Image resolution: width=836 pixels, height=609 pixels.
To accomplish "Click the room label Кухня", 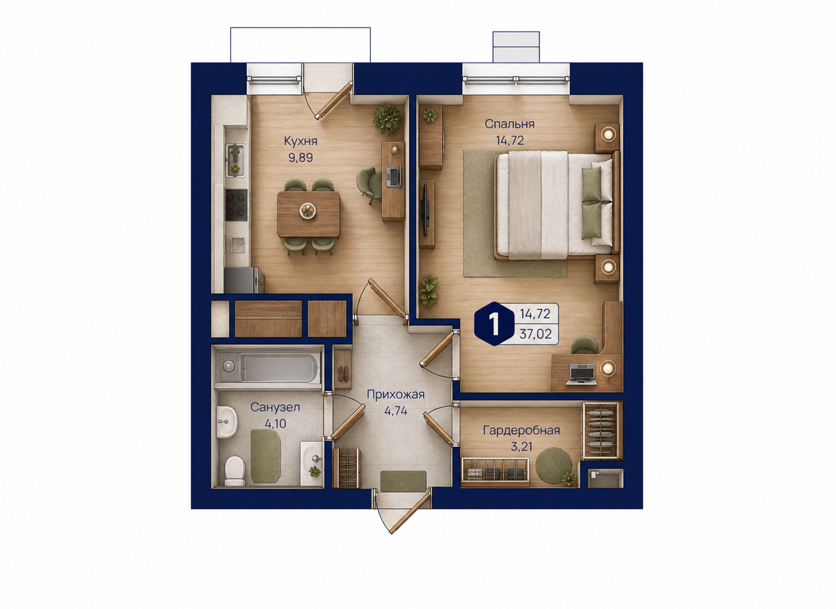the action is click(x=300, y=141).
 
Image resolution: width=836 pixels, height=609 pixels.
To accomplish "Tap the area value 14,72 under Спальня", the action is click(x=510, y=141).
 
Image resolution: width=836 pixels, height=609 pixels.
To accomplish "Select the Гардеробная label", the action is click(x=522, y=430).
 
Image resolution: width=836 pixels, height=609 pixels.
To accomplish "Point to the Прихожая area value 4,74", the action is click(x=395, y=411).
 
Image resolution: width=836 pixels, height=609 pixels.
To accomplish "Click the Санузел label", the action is click(x=275, y=408).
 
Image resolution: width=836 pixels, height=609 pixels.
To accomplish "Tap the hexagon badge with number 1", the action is click(x=494, y=323).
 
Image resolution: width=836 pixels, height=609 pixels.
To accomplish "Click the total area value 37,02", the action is click(x=535, y=334).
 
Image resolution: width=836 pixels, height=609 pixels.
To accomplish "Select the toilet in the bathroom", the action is click(x=235, y=471).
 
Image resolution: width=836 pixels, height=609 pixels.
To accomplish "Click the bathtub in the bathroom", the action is click(x=268, y=368).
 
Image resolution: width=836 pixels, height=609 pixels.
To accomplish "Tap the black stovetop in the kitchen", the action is click(x=236, y=205).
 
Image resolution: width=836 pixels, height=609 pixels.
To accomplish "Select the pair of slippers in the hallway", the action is click(x=342, y=373).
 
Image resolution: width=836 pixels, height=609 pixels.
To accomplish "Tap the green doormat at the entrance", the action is click(x=403, y=481).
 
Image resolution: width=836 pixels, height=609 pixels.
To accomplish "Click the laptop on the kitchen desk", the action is click(x=394, y=176).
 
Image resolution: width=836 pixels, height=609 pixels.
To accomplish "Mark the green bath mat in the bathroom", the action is click(x=266, y=456).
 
